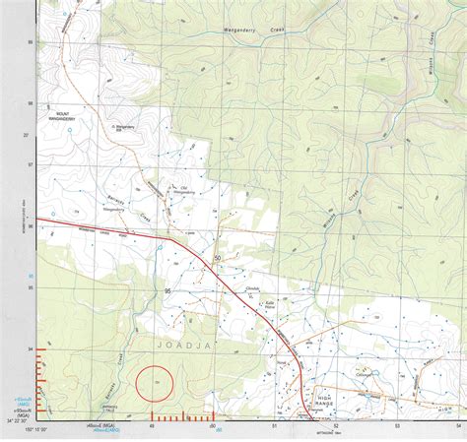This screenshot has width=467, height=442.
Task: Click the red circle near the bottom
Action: point(153,382)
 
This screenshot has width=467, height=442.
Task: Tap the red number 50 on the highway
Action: point(217,258)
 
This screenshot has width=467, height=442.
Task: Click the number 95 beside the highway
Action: point(168,291)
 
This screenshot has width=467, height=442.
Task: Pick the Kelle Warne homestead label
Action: point(268,303)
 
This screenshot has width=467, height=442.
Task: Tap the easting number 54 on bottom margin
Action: point(459,426)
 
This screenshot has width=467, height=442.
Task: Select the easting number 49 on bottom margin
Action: point(151,426)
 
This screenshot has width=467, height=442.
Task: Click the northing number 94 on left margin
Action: point(30,349)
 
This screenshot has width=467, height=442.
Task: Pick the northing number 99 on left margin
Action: point(30,42)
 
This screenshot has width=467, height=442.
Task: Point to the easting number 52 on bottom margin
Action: point(336,426)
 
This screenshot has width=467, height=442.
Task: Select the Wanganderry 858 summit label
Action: point(125,127)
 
